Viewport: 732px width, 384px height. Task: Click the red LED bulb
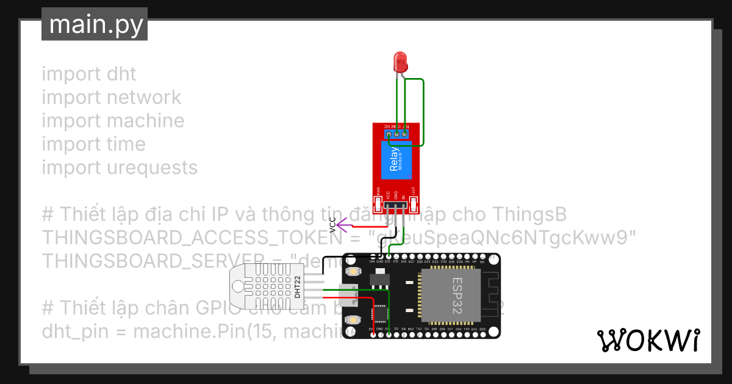pos(401,60)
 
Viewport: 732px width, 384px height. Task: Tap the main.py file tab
pos(95,24)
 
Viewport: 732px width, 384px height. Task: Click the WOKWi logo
pos(648,341)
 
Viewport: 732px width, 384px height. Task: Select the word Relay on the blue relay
pos(394,160)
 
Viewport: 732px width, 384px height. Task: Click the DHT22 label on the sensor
pos(297,287)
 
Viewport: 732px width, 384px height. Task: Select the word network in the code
pos(143,98)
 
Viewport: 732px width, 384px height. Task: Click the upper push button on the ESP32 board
pos(352,272)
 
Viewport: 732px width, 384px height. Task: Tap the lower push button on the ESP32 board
pos(352,319)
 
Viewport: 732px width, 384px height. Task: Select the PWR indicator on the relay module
pos(378,201)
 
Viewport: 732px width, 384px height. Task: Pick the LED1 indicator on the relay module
pos(414,201)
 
